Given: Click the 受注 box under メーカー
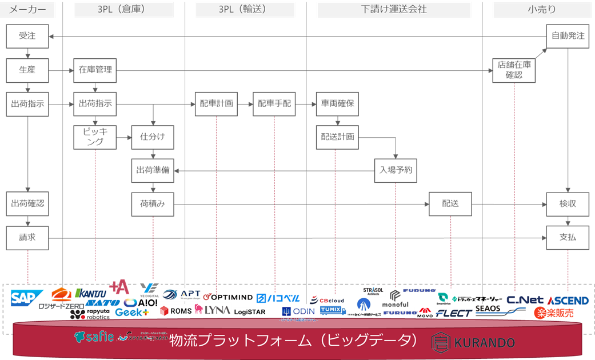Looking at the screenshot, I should coord(27,36).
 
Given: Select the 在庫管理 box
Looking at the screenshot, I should coord(95,70).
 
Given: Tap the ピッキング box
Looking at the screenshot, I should coord(95,137).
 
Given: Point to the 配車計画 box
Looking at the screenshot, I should coord(217,104).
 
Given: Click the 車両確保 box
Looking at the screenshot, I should coord(337,104).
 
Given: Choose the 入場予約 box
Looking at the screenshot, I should coord(396,170).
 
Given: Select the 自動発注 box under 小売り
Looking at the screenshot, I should coord(568,36).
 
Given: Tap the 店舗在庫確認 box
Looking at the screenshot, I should coord(514,70).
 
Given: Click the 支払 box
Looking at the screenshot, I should coord(568,237).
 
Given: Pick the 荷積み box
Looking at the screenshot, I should coord(152,204).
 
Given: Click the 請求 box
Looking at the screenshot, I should coord(27,237).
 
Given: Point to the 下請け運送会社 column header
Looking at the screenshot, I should coord(394,10).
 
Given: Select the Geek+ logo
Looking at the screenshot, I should coord(132,312).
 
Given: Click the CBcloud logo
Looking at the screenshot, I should coord(328,300).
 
